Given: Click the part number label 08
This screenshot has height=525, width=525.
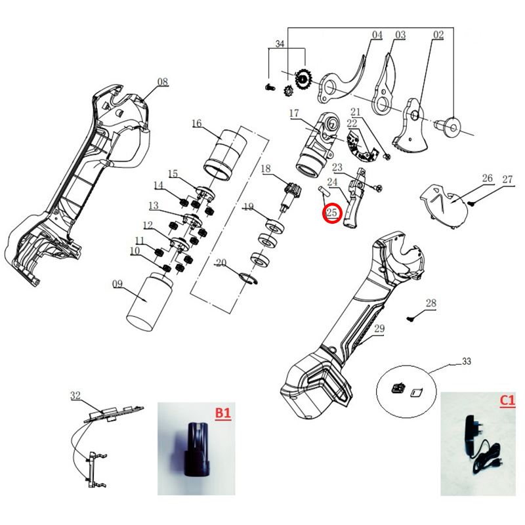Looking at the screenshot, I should (162, 82).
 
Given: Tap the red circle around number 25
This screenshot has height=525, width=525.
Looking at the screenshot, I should (331, 213).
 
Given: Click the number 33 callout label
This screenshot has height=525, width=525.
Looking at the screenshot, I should (467, 362).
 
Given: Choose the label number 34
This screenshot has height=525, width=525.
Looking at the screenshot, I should (280, 44).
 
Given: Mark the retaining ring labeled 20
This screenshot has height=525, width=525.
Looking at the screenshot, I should (246, 277).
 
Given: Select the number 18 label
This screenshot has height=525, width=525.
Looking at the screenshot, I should (266, 169).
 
